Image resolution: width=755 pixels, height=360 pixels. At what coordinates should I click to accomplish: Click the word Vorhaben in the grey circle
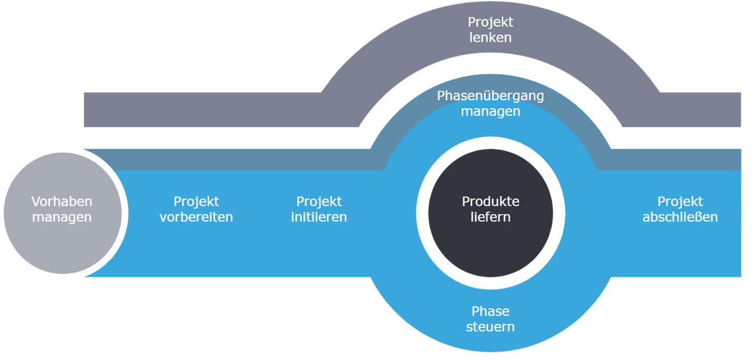point(62,202)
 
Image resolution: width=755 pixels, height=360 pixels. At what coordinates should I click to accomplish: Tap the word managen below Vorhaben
point(62,217)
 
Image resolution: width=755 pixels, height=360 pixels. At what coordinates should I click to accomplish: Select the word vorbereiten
point(196,217)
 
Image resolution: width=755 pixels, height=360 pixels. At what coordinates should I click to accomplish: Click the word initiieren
point(319,217)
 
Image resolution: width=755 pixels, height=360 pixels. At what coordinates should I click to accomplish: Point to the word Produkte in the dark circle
point(491,202)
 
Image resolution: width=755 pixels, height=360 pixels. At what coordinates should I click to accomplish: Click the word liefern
point(491,217)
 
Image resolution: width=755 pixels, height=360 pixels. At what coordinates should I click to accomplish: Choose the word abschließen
point(680,217)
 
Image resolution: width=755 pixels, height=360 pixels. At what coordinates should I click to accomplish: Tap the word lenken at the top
point(491,38)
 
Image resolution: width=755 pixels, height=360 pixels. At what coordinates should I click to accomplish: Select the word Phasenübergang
point(491,96)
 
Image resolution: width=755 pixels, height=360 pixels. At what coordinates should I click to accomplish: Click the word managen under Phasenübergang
point(491,111)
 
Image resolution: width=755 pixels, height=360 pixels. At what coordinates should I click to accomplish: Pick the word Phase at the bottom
point(491,312)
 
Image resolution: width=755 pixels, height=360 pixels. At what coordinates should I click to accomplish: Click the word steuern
point(491,327)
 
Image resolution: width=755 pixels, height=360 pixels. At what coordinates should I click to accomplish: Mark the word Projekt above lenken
point(491,22)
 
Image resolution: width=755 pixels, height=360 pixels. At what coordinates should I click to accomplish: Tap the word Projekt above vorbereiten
point(196,202)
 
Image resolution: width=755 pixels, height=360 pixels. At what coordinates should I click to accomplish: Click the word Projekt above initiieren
point(319,202)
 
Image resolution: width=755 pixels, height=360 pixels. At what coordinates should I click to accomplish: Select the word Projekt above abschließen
point(680,202)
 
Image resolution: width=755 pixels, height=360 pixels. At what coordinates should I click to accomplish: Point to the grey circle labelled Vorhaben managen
point(62,248)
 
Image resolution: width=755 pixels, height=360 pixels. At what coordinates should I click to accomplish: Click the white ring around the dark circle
point(422,213)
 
